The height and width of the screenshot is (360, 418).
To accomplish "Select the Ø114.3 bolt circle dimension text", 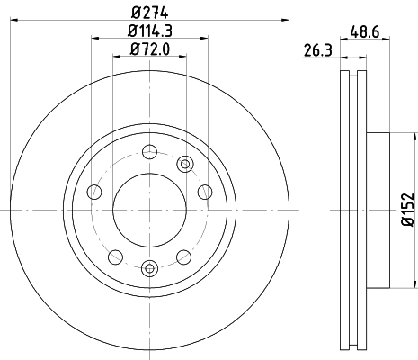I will click(x=149, y=33).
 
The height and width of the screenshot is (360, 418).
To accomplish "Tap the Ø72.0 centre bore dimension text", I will click(x=149, y=50).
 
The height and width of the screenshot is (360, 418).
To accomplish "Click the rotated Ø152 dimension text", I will click(x=406, y=210).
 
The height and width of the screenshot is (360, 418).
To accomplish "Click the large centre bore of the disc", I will click(x=149, y=210).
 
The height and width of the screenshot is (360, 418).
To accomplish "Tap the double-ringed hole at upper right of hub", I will click(x=185, y=163).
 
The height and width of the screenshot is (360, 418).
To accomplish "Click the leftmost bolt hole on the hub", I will click(x=94, y=191).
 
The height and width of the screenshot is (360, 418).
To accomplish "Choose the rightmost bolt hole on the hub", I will click(x=204, y=191).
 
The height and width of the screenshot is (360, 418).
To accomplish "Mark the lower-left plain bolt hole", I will click(x=113, y=256).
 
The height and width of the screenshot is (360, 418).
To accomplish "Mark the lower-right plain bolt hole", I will click(x=185, y=256).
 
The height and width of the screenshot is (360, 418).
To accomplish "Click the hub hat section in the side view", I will click(x=378, y=210).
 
